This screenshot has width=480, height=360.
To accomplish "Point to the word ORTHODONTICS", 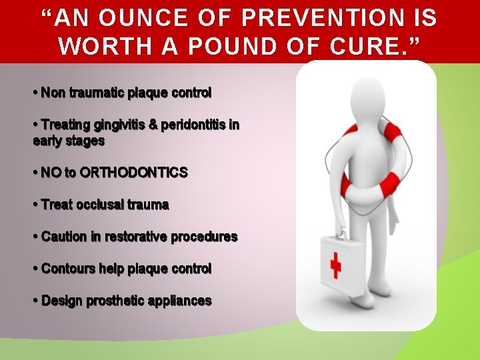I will [133, 173].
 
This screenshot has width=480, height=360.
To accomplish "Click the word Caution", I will [64, 237].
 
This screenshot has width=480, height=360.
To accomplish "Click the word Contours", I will [68, 269].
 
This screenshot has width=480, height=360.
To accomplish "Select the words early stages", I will [69, 141].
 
